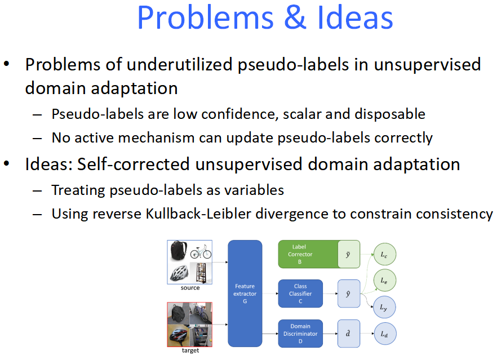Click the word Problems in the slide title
tap(205, 18)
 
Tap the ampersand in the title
tap(295, 18)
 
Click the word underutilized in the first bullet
tap(180, 65)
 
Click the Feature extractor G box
tap(245, 294)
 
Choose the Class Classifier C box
tap(300, 294)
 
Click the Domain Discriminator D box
tap(300, 334)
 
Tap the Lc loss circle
tap(385, 254)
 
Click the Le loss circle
tap(385, 281)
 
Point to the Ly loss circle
tap(385, 307)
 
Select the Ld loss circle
tap(385, 334)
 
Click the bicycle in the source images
tap(201, 252)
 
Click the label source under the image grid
tap(190, 288)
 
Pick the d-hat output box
tap(349, 334)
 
